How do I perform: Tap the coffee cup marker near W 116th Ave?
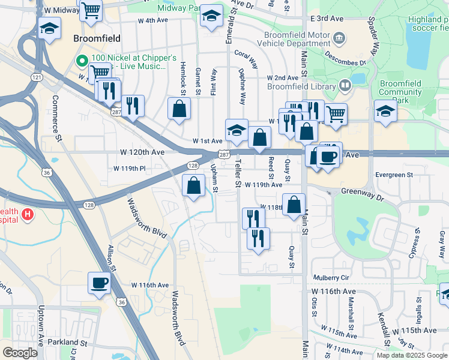click(x=99, y=282)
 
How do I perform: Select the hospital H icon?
click(x=27, y=214)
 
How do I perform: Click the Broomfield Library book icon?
click(x=345, y=86)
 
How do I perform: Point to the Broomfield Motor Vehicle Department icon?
click(x=339, y=38)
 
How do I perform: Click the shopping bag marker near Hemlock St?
click(x=179, y=109)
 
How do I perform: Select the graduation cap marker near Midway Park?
click(x=211, y=16)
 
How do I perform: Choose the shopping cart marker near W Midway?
click(x=91, y=9)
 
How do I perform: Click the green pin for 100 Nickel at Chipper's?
click(x=82, y=61)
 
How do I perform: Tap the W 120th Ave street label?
click(x=143, y=152)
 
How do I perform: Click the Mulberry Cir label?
click(x=331, y=278)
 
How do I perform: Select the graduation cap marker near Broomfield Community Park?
click(x=385, y=110)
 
